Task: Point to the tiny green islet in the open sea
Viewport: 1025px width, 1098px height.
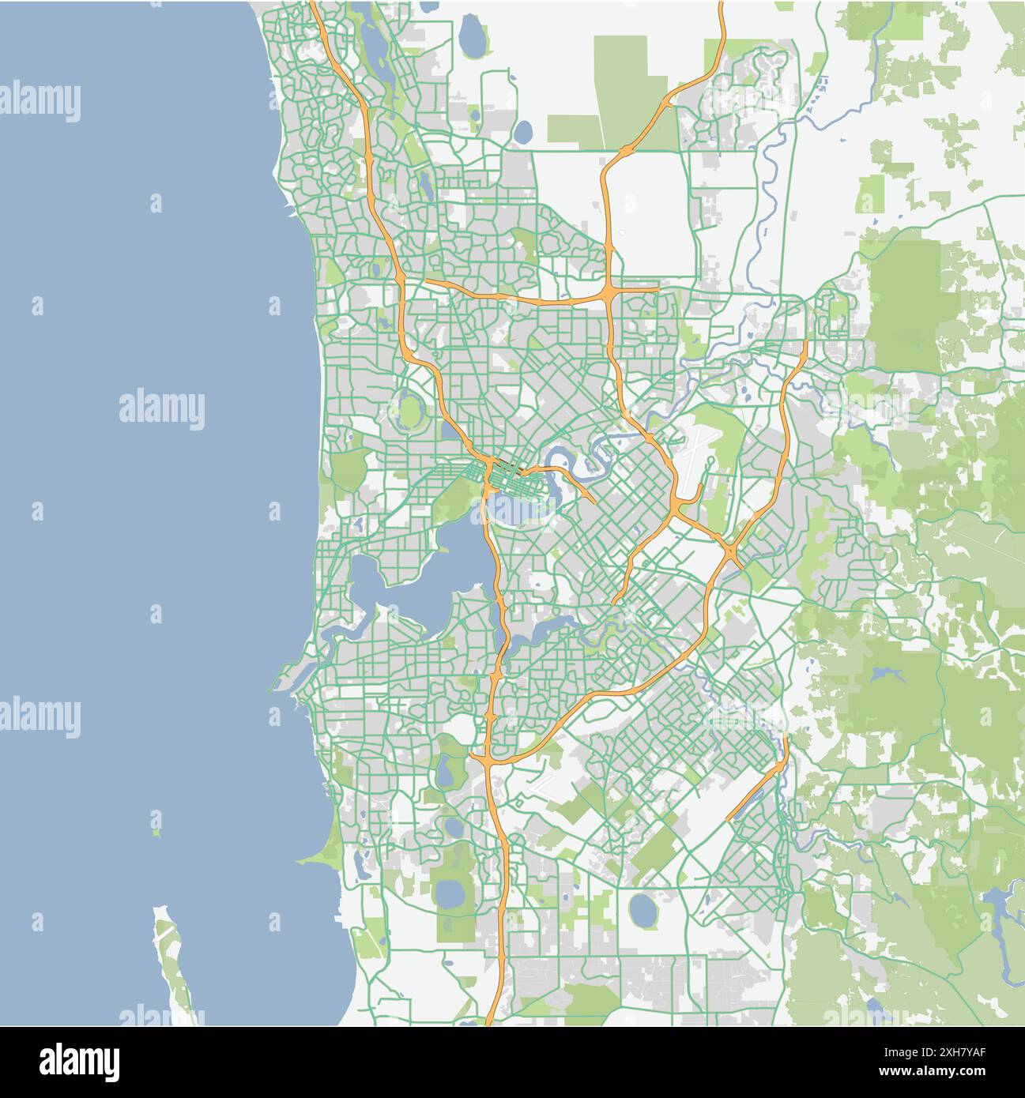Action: pos(156,832)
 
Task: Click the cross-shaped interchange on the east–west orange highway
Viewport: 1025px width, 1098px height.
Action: pos(611,295)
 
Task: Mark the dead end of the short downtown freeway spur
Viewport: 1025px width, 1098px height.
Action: pos(594,502)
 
